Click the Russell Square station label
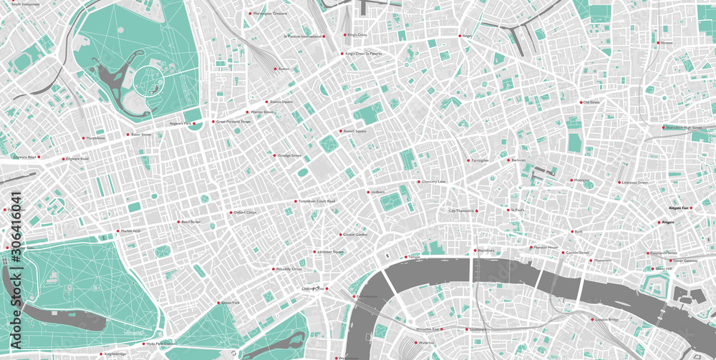354,132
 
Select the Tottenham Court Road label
316,201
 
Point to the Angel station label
467,36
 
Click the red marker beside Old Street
581,102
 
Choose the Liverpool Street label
634,183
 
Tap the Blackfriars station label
486,250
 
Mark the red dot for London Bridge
590,320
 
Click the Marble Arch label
131,231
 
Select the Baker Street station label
141,135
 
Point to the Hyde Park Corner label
160,344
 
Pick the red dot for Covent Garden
340,234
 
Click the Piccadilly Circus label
289,269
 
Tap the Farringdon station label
480,160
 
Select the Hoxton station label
667,43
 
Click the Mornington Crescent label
269,14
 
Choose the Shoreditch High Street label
683,127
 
